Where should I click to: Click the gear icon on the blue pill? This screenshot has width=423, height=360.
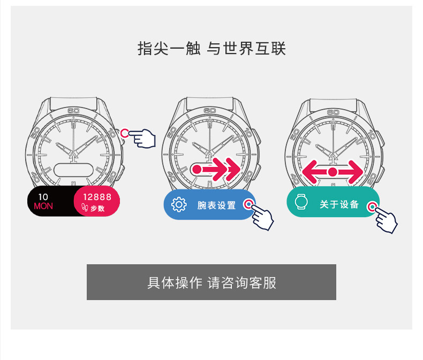pyautogui.click(x=179, y=204)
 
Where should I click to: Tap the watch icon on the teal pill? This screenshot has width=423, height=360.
pyautogui.click(x=301, y=202)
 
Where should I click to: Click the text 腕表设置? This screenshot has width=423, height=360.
pyautogui.click(x=216, y=205)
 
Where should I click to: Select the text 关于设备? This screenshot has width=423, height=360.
pyautogui.click(x=339, y=204)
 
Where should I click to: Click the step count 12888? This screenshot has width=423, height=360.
pyautogui.click(x=97, y=197)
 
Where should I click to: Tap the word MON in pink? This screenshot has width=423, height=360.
pyautogui.click(x=43, y=206)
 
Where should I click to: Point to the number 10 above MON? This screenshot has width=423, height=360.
pyautogui.click(x=43, y=197)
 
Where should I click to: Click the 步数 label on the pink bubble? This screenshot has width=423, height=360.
pyautogui.click(x=97, y=208)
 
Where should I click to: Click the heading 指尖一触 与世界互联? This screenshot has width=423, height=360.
pyautogui.click(x=211, y=49)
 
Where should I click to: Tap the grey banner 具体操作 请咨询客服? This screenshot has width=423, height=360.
pyautogui.click(x=211, y=282)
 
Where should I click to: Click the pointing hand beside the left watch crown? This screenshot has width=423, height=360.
pyautogui.click(x=142, y=138)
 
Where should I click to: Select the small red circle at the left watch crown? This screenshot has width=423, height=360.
pyautogui.click(x=124, y=133)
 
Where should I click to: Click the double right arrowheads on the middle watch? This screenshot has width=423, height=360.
pyautogui.click(x=226, y=169)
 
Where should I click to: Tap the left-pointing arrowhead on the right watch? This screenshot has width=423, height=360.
pyautogui.click(x=309, y=172)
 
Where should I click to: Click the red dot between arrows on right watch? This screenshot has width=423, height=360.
pyautogui.click(x=333, y=172)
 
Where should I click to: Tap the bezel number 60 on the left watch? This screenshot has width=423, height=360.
pyautogui.click(x=73, y=111)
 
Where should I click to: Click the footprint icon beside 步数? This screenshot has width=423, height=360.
pyautogui.click(x=85, y=208)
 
